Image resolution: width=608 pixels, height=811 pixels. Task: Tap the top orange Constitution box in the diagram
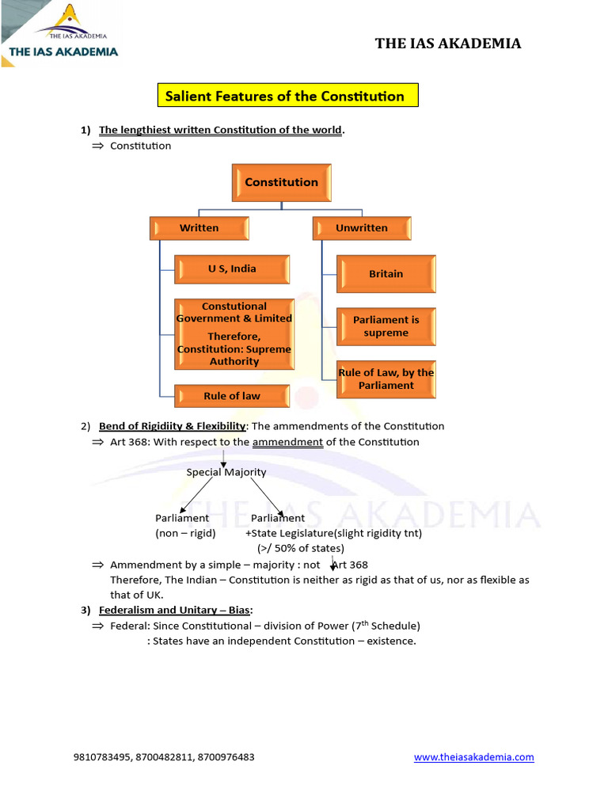pyautogui.click(x=281, y=182)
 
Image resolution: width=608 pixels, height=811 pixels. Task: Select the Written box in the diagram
pyautogui.click(x=199, y=228)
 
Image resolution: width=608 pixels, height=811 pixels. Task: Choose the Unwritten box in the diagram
pyautogui.click(x=362, y=228)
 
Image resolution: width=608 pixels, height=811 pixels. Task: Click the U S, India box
pyautogui.click(x=232, y=268)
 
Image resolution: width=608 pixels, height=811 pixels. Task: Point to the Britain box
pyautogui.click(x=386, y=274)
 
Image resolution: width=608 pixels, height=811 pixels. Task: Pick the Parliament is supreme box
pyautogui.click(x=386, y=326)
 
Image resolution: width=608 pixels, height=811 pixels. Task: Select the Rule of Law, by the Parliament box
pyautogui.click(x=386, y=379)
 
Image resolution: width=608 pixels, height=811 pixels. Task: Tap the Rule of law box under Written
pyautogui.click(x=232, y=396)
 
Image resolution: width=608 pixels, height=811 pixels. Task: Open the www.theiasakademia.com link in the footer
pyautogui.click(x=473, y=757)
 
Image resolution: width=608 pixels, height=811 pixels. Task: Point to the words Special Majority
pyautogui.click(x=226, y=472)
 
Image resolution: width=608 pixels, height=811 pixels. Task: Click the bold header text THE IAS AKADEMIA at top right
pyautogui.click(x=448, y=44)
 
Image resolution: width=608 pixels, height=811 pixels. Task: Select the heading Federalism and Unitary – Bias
pyautogui.click(x=174, y=610)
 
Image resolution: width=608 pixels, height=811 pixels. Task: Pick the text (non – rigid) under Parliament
pyautogui.click(x=185, y=533)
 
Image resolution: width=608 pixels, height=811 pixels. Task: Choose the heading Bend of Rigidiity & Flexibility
pyautogui.click(x=172, y=426)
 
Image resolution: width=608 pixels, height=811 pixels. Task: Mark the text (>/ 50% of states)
pyautogui.click(x=300, y=548)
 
